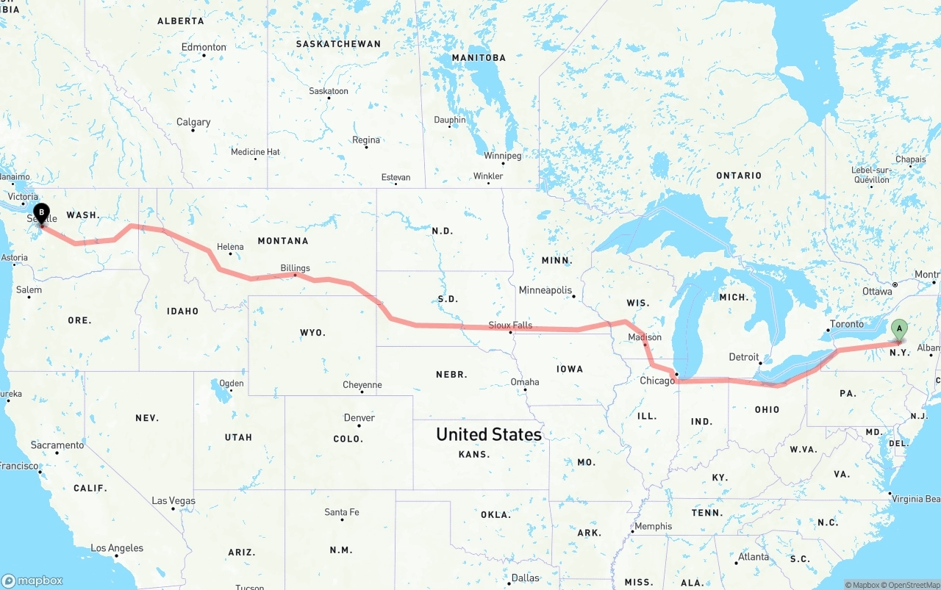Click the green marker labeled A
pyautogui.click(x=899, y=330)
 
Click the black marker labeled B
pyautogui.click(x=42, y=214)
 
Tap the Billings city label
pyautogui.click(x=295, y=268)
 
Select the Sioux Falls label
pyautogui.click(x=510, y=325)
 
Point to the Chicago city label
pyautogui.click(x=656, y=381)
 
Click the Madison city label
pyautogui.click(x=645, y=337)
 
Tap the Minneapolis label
pyautogui.click(x=545, y=290)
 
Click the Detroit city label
pyautogui.click(x=743, y=357)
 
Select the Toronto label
pyautogui.click(x=847, y=324)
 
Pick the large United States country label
pyautogui.click(x=489, y=434)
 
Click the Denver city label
pyautogui.click(x=359, y=417)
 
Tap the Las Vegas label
pyautogui.click(x=173, y=500)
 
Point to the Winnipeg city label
pyautogui.click(x=502, y=156)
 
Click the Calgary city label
pyautogui.click(x=193, y=122)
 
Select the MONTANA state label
pyautogui.click(x=283, y=241)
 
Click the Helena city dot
pyautogui.click(x=231, y=255)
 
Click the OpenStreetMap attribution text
pyautogui.click(x=912, y=585)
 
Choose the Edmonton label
pyautogui.click(x=204, y=47)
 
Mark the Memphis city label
pyautogui.click(x=653, y=526)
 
